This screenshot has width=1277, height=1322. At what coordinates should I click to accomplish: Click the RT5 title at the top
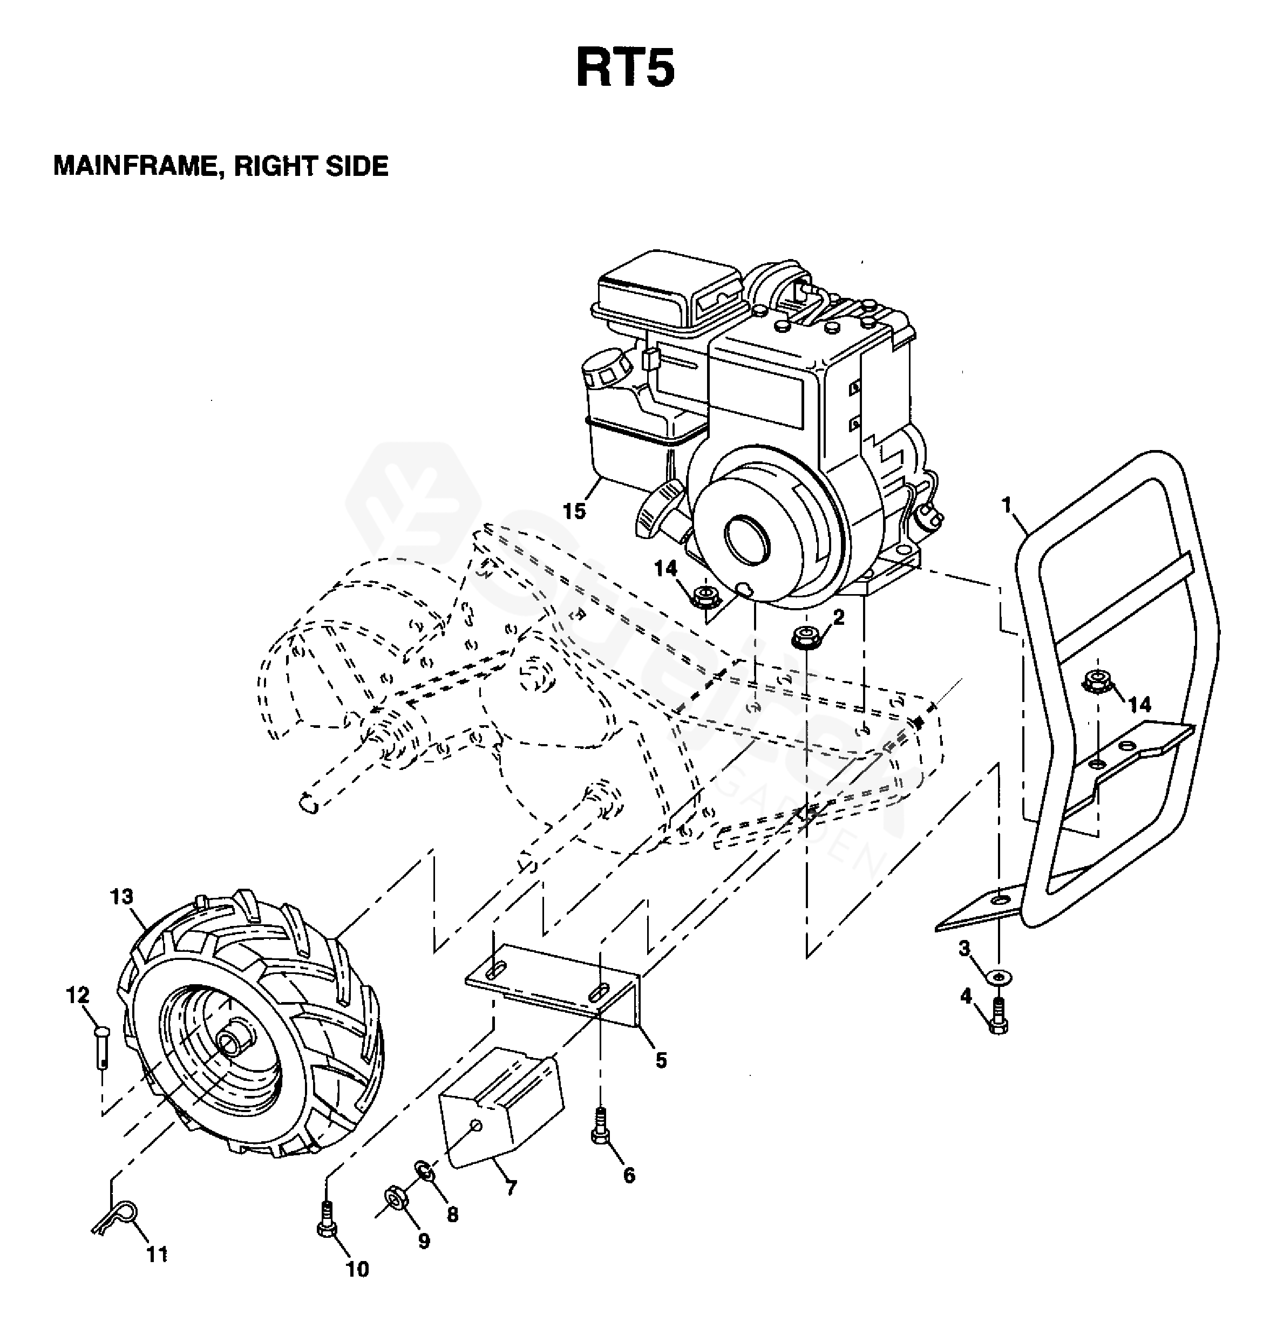[624, 70]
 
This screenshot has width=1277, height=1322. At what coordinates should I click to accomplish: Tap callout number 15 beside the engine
[574, 512]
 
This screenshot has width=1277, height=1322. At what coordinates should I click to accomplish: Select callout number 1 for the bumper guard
[1007, 505]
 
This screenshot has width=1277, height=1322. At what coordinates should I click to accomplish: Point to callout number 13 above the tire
[122, 896]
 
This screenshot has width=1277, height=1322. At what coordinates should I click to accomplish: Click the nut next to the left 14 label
[705, 596]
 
